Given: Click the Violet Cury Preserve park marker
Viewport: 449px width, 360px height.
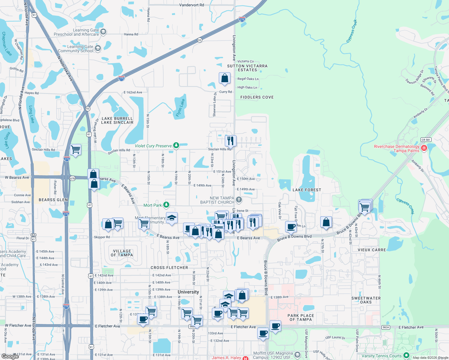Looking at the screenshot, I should pos(176,146).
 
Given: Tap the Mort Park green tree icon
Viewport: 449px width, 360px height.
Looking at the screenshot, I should pos(166,205).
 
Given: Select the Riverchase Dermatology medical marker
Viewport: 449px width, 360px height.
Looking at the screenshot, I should pos(424,148).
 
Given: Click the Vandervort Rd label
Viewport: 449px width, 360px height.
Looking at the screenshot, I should pos(191,5).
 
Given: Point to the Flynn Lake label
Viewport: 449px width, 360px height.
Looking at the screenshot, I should pos(180,108).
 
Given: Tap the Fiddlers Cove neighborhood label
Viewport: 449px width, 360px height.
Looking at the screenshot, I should pos(257,97).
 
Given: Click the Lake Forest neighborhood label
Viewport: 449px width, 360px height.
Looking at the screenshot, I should pos(307,190).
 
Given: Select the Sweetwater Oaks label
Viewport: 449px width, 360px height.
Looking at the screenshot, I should pos(366,300).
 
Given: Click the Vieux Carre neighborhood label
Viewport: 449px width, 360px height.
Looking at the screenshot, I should pos(372,250).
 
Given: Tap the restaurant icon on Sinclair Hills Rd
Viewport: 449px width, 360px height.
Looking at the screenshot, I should pos(231,140).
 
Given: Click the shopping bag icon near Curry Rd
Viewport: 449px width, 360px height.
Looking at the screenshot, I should pos(224,79).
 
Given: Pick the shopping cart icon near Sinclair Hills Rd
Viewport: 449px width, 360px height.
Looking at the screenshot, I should pos(76,149).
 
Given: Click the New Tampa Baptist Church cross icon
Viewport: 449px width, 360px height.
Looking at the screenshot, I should pos(239,200).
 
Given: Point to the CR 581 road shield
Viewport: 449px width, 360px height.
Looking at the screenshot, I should pos(426,140).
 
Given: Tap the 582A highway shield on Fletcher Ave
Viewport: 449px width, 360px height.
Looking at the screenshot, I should pos(386,328).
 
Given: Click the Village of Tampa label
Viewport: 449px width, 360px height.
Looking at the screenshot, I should pos(122,253).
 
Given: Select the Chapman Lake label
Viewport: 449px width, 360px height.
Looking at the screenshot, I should pos(6,44).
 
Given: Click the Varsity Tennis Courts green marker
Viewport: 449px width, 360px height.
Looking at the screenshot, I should pos(406,356).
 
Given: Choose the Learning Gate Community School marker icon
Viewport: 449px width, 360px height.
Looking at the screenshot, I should pos(98,48).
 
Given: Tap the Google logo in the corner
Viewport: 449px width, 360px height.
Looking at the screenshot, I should pos(10,356).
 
